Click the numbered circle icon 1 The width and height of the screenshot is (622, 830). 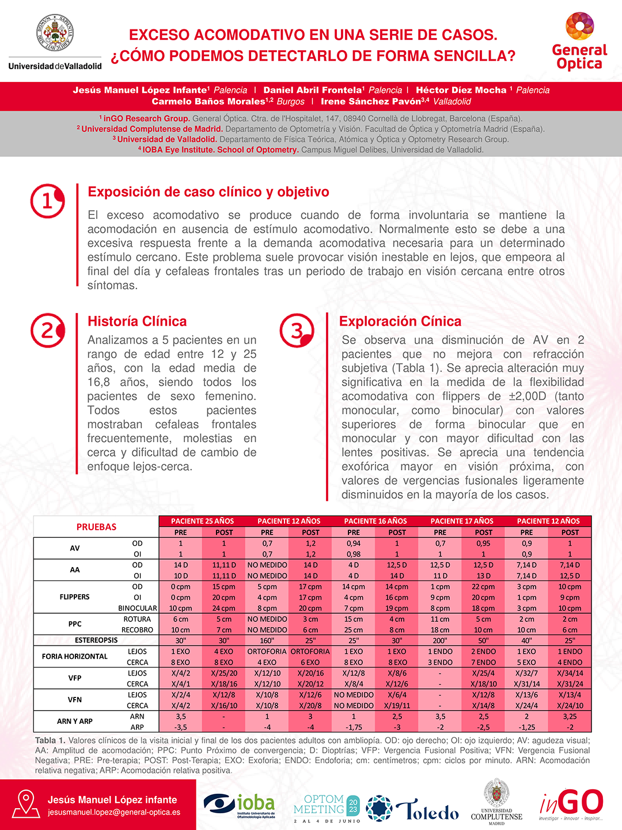(47, 201)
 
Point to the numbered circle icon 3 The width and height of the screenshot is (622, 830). (297, 331)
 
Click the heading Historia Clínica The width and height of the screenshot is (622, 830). (137, 322)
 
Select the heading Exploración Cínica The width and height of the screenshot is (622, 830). (400, 322)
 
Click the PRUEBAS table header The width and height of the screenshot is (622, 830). (96, 527)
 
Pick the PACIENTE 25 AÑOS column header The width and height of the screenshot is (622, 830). (202, 521)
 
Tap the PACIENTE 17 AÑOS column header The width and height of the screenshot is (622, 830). (462, 521)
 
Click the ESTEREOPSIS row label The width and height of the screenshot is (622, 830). (96, 640)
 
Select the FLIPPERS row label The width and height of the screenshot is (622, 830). (75, 597)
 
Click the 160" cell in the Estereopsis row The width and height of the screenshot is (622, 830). (267, 640)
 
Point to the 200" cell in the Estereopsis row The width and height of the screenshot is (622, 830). (440, 640)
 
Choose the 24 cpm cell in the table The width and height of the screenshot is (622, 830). (224, 608)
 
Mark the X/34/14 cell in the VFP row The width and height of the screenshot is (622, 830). (570, 673)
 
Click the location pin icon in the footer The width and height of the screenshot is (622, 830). (25, 803)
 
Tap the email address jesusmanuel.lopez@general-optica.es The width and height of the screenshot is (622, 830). (114, 812)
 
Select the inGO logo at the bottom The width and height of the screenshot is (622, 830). (571, 803)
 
